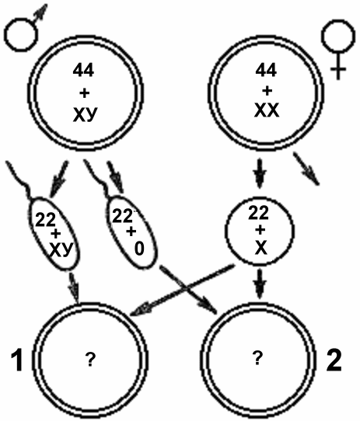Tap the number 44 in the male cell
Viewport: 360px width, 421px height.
[x=83, y=71]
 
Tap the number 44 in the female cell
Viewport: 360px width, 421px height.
[x=266, y=70]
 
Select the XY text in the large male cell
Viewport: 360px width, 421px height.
[x=85, y=116]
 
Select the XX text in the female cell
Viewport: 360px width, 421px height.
[x=267, y=110]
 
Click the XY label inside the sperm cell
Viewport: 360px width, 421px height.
[x=61, y=250]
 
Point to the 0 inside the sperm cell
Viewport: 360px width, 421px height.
[x=139, y=249]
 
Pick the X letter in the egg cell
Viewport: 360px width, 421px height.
[x=260, y=248]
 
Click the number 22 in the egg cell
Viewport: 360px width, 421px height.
[x=258, y=213]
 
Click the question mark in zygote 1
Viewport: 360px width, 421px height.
[x=90, y=360]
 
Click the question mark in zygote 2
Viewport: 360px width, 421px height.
[x=257, y=358]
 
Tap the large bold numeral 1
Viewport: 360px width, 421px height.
[x=17, y=360]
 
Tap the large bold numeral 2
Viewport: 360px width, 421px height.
[x=334, y=360]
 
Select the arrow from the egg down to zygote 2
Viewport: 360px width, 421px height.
[x=260, y=284]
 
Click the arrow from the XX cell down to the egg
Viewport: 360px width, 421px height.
[x=260, y=173]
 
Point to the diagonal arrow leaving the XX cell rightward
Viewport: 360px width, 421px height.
[x=306, y=169]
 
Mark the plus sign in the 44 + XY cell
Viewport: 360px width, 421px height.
[x=85, y=93]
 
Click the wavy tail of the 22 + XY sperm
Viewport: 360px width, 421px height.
[x=19, y=179]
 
